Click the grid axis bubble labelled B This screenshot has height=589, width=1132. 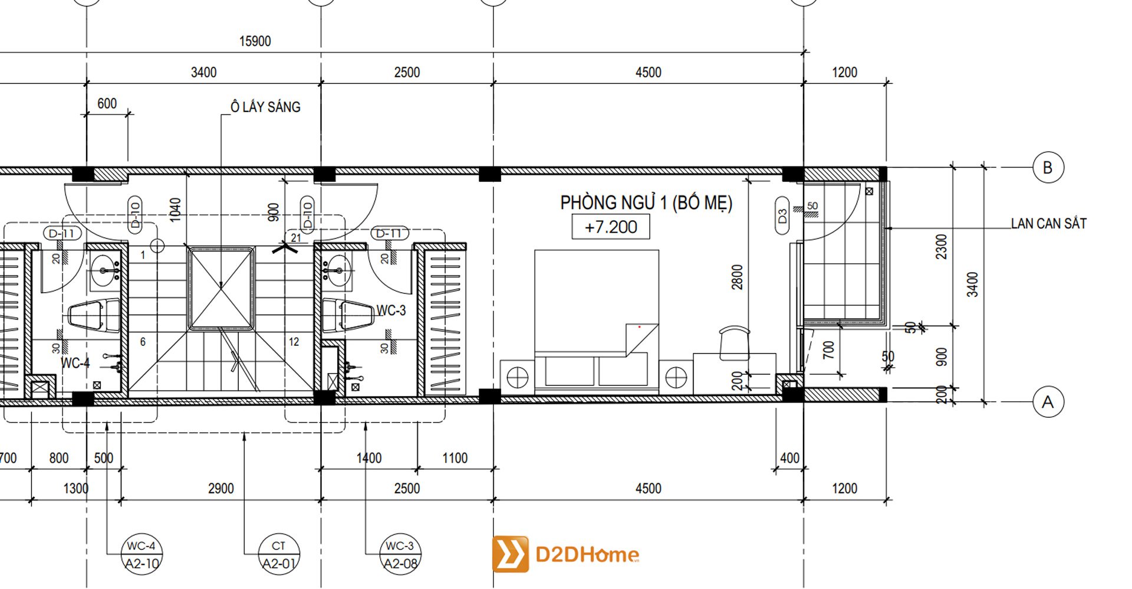point(1048,168)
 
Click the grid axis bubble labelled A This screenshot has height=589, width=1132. point(1048,403)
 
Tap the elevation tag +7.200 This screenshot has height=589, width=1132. point(611,227)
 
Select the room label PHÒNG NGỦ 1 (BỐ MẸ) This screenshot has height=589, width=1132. point(646,203)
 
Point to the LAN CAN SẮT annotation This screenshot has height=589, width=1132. point(1048,224)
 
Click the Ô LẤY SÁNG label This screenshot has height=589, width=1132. point(265,107)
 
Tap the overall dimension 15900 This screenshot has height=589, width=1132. point(255,41)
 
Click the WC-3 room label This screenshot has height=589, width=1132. point(391,310)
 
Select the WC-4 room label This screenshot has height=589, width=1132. point(75,363)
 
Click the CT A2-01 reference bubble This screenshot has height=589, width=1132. point(279,555)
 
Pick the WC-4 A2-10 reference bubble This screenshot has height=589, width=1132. point(141,555)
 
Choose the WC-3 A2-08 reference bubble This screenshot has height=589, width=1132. point(400,555)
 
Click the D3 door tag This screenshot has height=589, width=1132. point(782,216)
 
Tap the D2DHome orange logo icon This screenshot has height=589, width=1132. point(510,554)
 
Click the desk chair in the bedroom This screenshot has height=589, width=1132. point(735,342)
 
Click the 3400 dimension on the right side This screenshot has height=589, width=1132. point(972,284)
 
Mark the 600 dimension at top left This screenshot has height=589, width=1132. point(107,104)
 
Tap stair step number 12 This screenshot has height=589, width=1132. point(294,342)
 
